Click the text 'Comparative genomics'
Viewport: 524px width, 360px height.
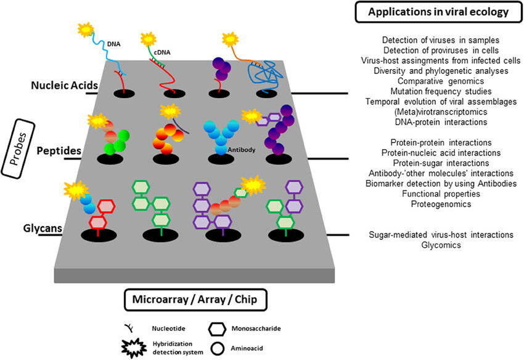coord(436,81)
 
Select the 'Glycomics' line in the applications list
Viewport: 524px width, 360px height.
coord(436,245)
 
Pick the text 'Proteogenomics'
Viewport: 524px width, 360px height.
coord(436,203)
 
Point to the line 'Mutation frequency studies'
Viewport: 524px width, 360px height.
coord(436,91)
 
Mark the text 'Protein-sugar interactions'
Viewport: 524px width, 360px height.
coord(436,163)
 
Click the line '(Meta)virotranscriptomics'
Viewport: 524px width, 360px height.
coord(436,112)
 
